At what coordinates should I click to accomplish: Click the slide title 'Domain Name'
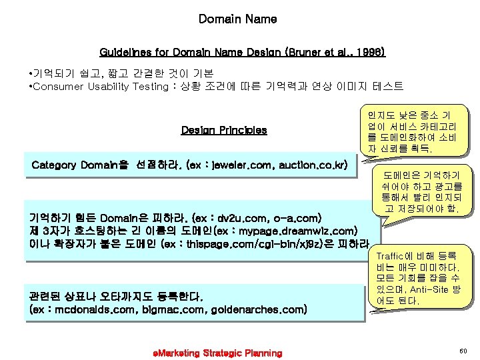point(237,19)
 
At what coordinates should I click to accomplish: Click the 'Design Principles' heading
point(224,130)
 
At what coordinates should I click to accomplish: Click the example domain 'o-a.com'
point(299,218)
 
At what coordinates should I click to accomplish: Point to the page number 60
point(463,350)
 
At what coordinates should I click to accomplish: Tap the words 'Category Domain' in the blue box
point(75,164)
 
